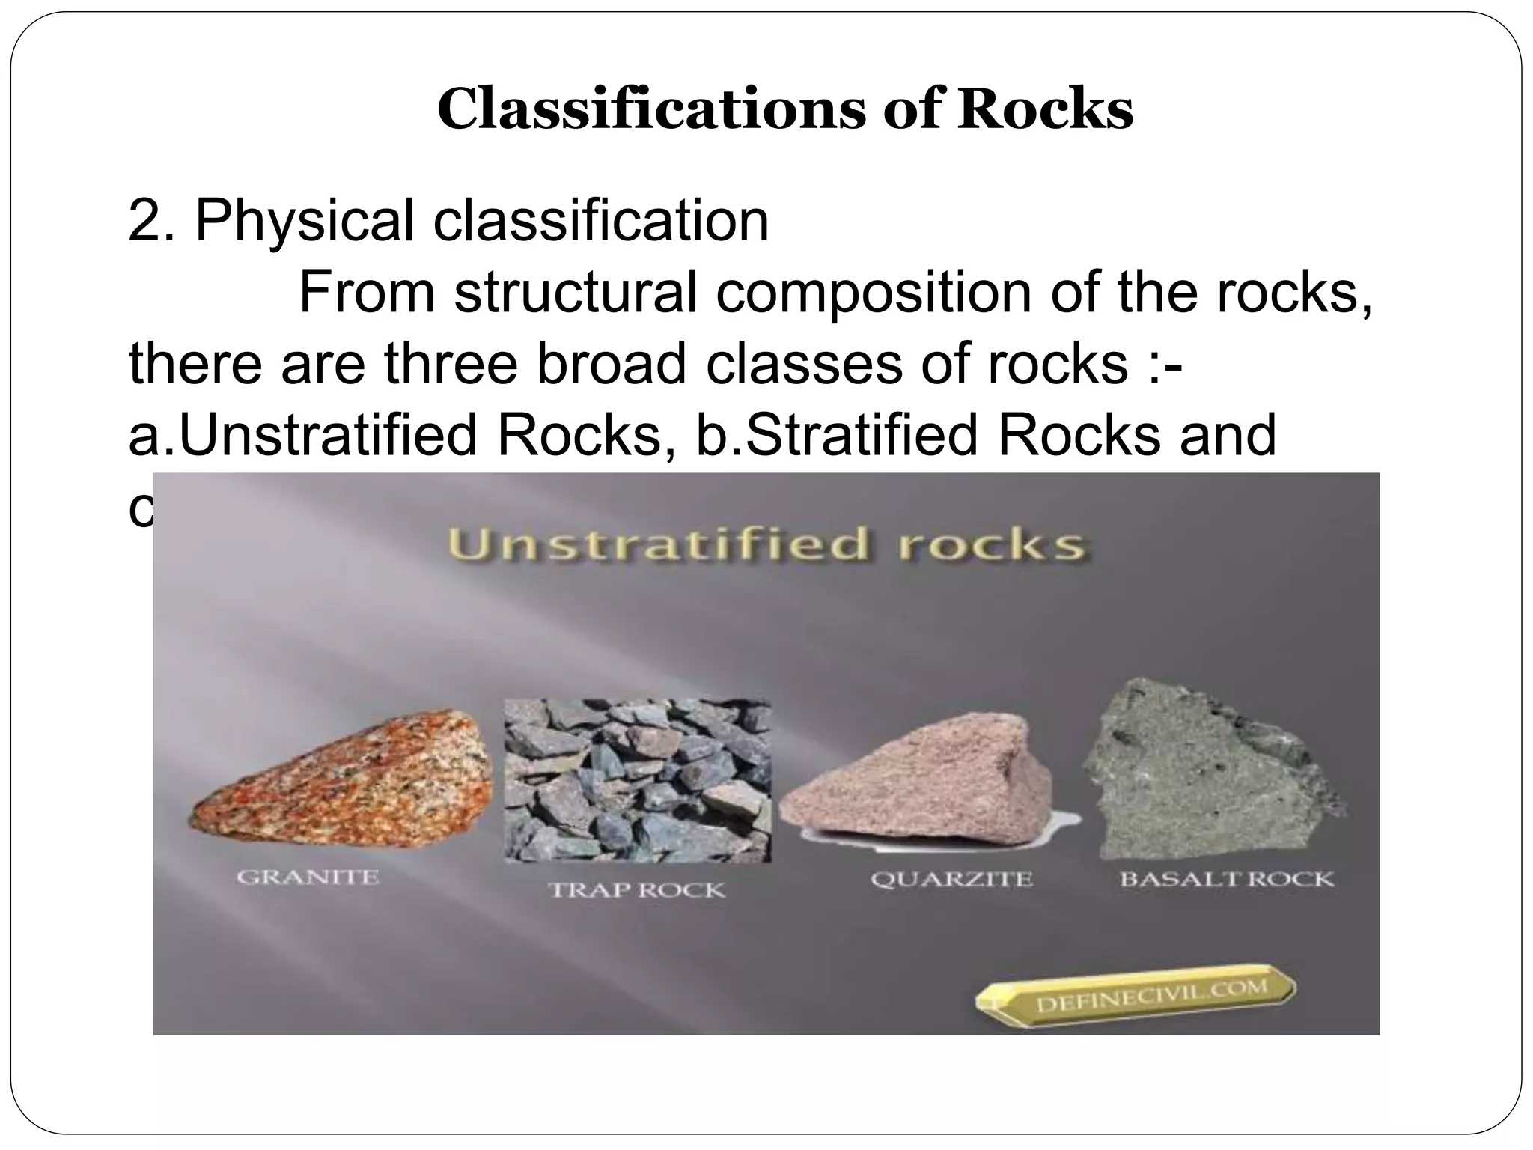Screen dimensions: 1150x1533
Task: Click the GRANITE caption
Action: click(x=308, y=877)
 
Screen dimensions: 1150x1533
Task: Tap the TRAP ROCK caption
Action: click(x=637, y=890)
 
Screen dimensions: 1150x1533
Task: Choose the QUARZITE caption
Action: click(x=951, y=879)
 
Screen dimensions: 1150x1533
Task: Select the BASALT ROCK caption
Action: click(x=1226, y=879)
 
